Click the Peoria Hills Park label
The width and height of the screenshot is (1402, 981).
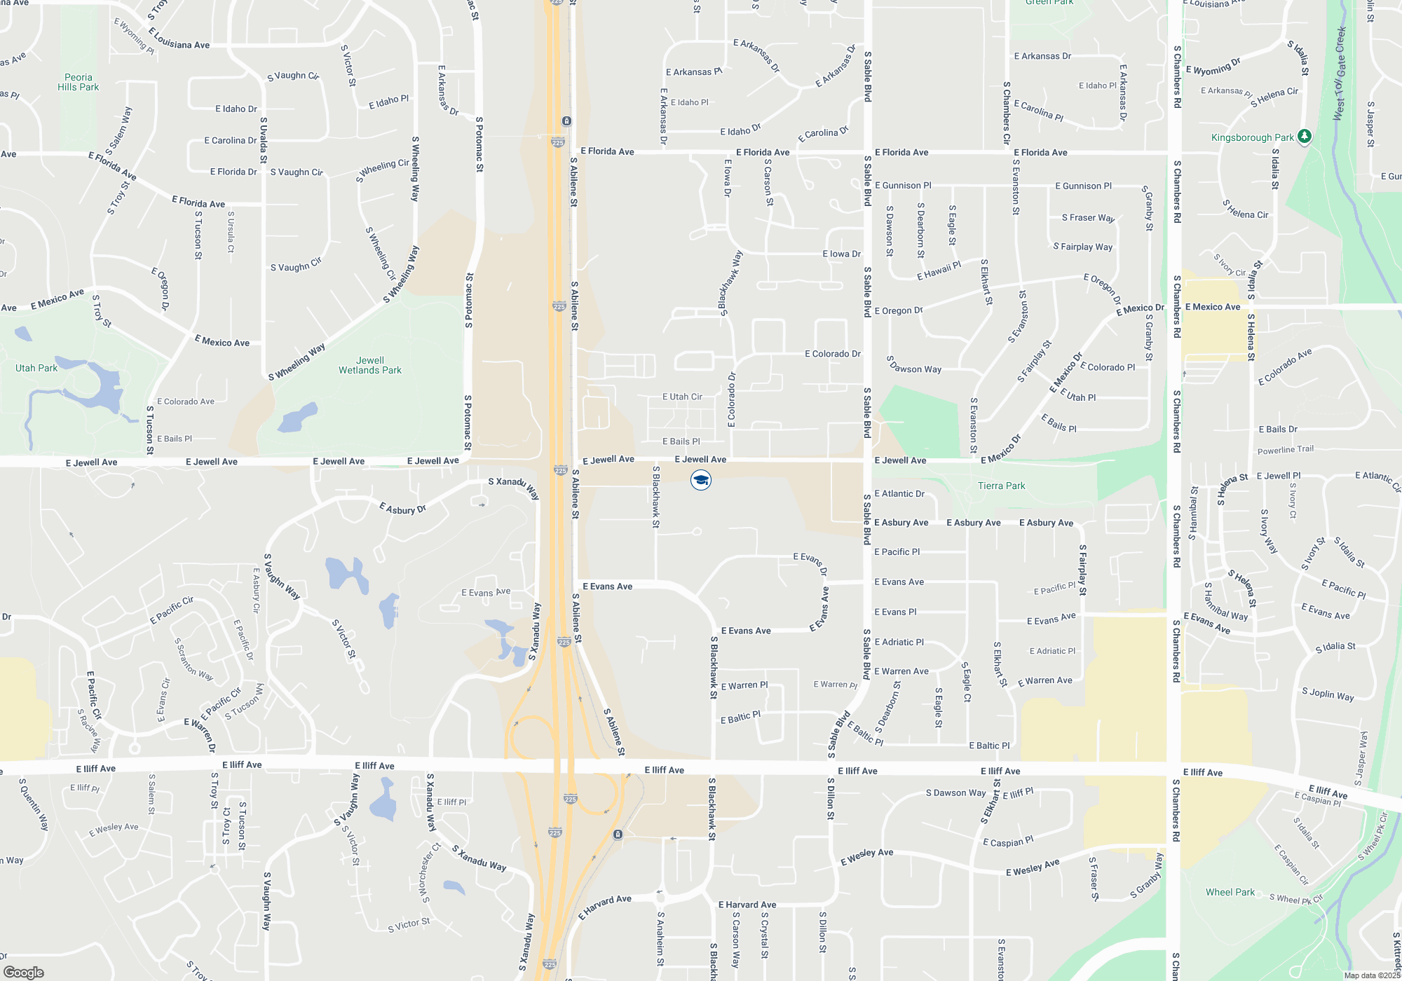(x=78, y=82)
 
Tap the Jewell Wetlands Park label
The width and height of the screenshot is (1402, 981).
(x=370, y=365)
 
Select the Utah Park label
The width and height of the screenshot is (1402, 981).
(x=36, y=368)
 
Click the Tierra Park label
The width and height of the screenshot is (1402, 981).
(x=1001, y=486)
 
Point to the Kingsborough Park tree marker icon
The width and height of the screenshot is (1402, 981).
(x=1304, y=136)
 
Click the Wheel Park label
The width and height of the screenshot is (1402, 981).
(x=1230, y=892)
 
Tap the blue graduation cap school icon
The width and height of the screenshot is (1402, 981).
(x=701, y=480)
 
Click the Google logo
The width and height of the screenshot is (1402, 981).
(x=24, y=972)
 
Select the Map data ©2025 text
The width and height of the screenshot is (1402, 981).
(x=1372, y=975)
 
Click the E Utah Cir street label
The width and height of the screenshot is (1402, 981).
(x=682, y=397)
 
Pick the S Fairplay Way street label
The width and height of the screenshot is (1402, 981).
(x=1082, y=247)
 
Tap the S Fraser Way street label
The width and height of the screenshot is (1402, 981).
(x=1088, y=218)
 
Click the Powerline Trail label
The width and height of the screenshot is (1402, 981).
(x=1286, y=450)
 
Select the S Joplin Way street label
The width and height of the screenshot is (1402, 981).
(x=1328, y=694)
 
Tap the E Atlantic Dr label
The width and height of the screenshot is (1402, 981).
(x=899, y=493)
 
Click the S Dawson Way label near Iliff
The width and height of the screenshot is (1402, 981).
(x=955, y=793)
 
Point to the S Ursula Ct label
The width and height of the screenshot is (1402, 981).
(x=231, y=231)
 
